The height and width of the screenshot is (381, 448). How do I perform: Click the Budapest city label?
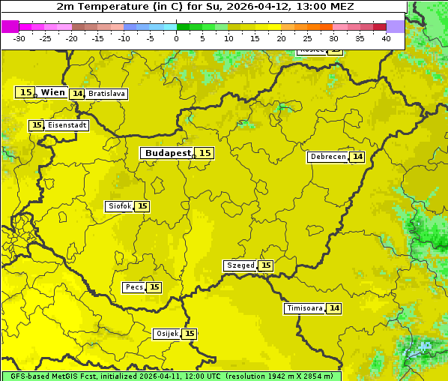click(x=168, y=153)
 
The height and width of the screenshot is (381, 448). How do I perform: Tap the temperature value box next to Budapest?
click(x=205, y=153)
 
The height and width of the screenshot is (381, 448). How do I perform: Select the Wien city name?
click(x=53, y=92)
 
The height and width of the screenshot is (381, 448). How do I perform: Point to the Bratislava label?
click(x=106, y=94)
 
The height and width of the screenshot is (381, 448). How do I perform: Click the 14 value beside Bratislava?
click(x=77, y=94)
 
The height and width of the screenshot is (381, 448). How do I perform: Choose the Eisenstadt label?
click(x=67, y=125)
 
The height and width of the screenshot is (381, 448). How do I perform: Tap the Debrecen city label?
click(x=327, y=157)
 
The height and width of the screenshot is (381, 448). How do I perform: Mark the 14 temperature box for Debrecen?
click(x=357, y=157)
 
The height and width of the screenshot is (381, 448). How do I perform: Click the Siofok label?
click(x=119, y=206)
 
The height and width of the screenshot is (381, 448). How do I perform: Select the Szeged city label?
click(x=240, y=265)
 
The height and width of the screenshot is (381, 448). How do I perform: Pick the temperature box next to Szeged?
click(x=265, y=265)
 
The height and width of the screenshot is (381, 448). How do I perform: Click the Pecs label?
click(x=134, y=287)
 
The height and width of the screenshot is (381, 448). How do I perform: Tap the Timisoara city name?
click(x=304, y=308)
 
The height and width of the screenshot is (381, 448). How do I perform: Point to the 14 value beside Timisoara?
click(x=334, y=308)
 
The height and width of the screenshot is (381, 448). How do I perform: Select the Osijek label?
click(x=166, y=334)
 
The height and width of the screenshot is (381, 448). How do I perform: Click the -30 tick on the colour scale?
click(x=19, y=38)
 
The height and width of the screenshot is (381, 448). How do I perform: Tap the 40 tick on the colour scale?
click(x=386, y=38)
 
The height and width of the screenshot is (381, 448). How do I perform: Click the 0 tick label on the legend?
click(x=176, y=38)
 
